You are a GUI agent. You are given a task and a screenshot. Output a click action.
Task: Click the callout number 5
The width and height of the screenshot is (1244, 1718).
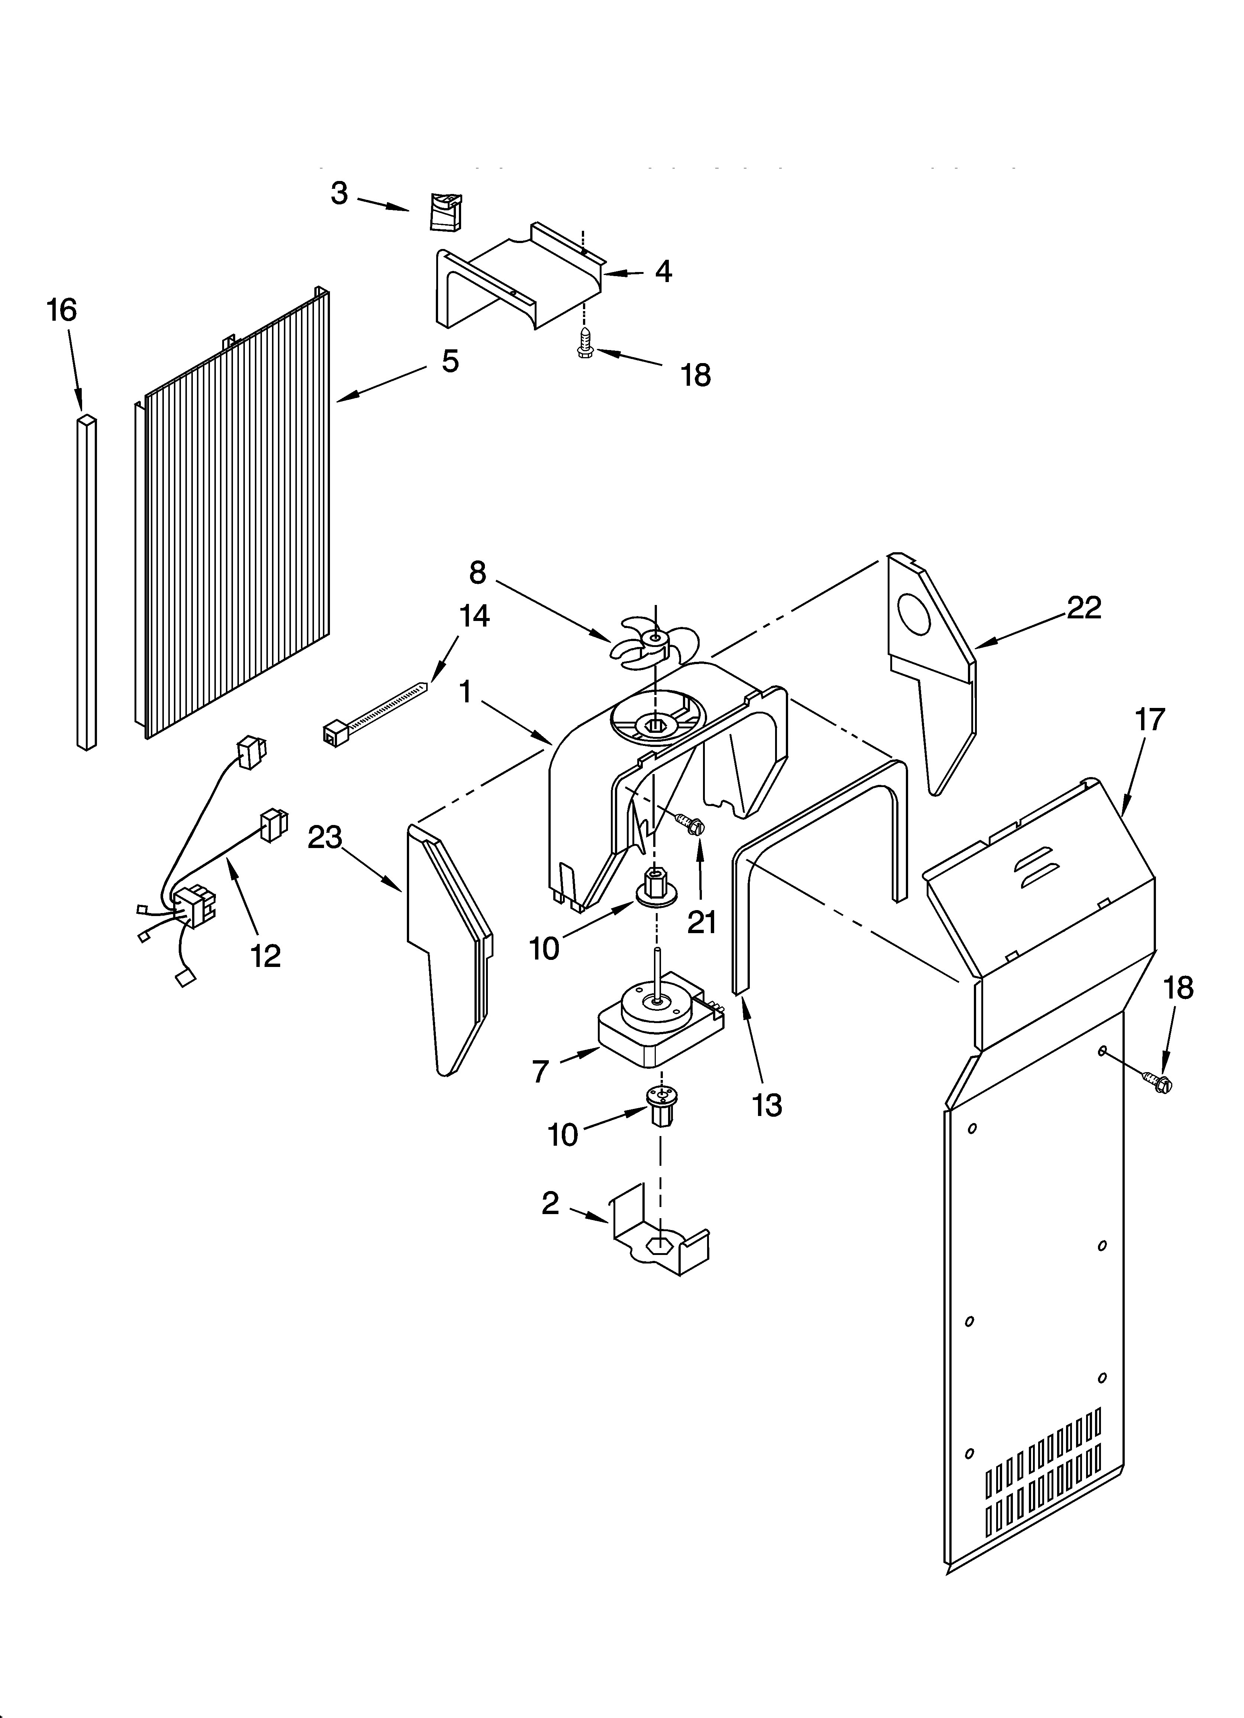[x=450, y=361]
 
